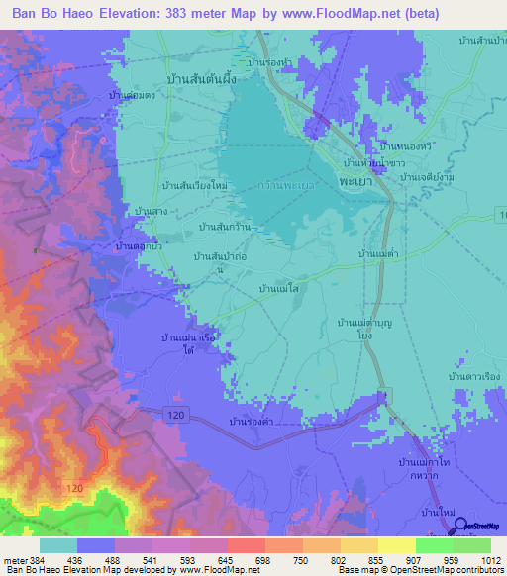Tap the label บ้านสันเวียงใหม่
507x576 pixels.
point(194,186)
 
